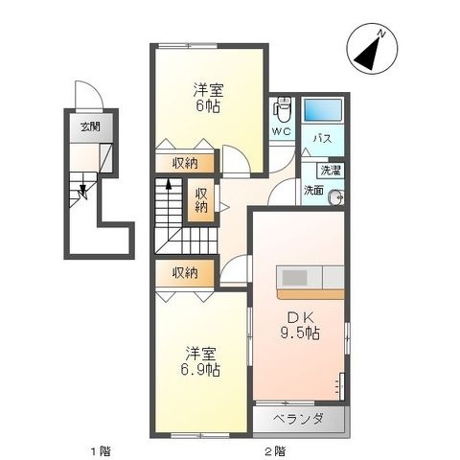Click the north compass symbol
pyautogui.click(x=372, y=49)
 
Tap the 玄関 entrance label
pyautogui.click(x=90, y=127)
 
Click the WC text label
pyautogui.click(x=282, y=131)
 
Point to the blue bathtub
pyautogui.click(x=323, y=110)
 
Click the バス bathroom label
pyautogui.click(x=322, y=139)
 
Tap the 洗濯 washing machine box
pyautogui.click(x=331, y=171)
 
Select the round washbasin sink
pyautogui.click(x=337, y=197)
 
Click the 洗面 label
pyautogui.click(x=313, y=191)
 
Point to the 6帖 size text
pyautogui.click(x=208, y=106)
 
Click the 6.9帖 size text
pyautogui.click(x=200, y=370)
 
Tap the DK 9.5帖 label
pyautogui.click(x=300, y=326)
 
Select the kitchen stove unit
pyautogui.click(x=300, y=277)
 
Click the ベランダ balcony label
pyautogui.click(x=299, y=419)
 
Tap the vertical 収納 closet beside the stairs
pyautogui.click(x=201, y=200)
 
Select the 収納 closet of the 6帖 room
pyautogui.click(x=185, y=164)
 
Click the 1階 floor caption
pyautogui.click(x=101, y=451)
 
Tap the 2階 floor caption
pyautogui.click(x=275, y=451)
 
